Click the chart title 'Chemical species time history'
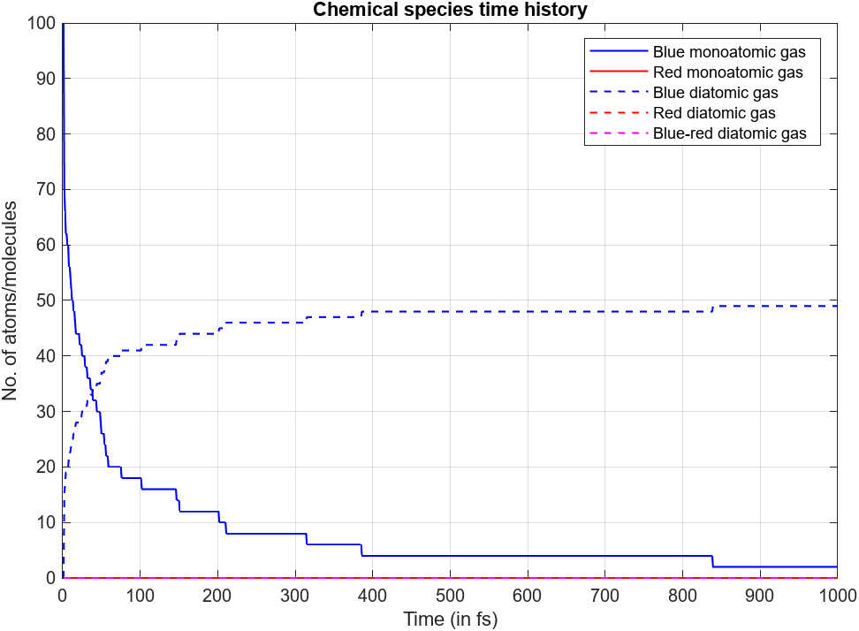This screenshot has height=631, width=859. [x=449, y=10]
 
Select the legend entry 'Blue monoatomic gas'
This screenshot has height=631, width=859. [x=729, y=51]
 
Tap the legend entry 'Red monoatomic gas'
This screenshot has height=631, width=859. [x=727, y=72]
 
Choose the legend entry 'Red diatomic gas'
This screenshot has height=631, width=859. [x=714, y=113]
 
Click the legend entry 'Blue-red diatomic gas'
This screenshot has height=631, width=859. [x=729, y=133]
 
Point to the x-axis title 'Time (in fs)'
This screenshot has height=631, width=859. [x=450, y=620]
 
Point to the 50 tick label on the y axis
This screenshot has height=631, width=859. [x=45, y=300]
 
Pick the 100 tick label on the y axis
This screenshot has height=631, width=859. [x=41, y=22]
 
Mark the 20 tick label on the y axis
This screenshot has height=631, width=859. [x=45, y=468]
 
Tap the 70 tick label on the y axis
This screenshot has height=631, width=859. [x=45, y=189]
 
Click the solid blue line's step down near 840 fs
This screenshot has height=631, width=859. [x=712, y=561]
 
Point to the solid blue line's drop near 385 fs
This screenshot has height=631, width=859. [x=361, y=550]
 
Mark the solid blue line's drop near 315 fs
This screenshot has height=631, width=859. [x=306, y=539]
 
